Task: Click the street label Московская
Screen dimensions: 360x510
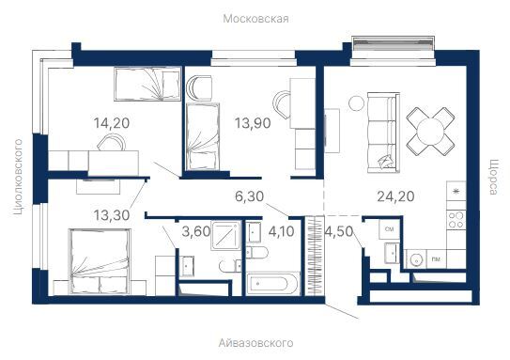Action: [255, 18]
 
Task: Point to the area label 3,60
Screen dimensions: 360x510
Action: [196, 231]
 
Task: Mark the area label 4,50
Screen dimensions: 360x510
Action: [338, 231]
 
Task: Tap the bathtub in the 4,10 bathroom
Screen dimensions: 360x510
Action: [271, 284]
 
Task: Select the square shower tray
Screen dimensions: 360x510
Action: [225, 236]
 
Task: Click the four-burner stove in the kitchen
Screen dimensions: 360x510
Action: [456, 222]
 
